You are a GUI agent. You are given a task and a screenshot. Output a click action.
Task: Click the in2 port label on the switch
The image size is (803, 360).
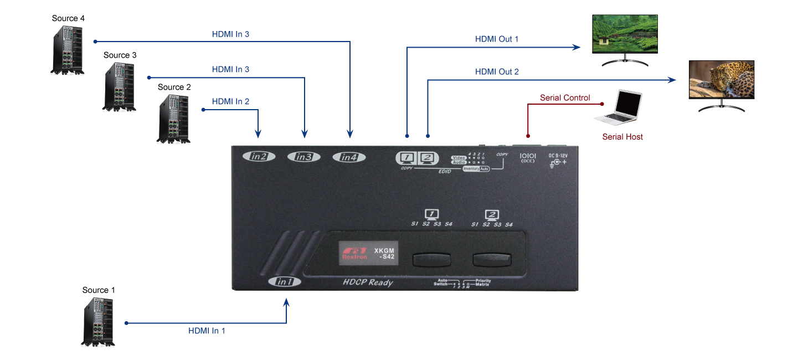[259, 156]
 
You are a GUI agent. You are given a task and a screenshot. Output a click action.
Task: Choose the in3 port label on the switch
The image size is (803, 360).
[303, 157]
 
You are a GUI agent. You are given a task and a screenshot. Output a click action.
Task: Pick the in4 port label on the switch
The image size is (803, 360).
[349, 157]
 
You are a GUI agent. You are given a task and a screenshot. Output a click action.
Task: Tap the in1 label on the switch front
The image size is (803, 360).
[285, 282]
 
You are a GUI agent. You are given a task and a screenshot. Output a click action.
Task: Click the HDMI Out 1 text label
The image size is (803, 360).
[497, 39]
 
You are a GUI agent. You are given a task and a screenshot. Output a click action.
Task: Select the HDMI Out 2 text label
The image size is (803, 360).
[497, 72]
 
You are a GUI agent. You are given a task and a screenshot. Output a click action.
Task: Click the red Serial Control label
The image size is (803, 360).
[565, 98]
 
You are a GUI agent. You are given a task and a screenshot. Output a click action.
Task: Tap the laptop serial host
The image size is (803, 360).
[619, 109]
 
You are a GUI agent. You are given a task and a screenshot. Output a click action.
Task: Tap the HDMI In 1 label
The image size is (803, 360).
[207, 331]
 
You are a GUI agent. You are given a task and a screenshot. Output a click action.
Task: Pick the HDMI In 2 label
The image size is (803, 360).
[230, 102]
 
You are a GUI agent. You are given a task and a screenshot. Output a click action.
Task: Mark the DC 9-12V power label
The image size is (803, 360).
[558, 156]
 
